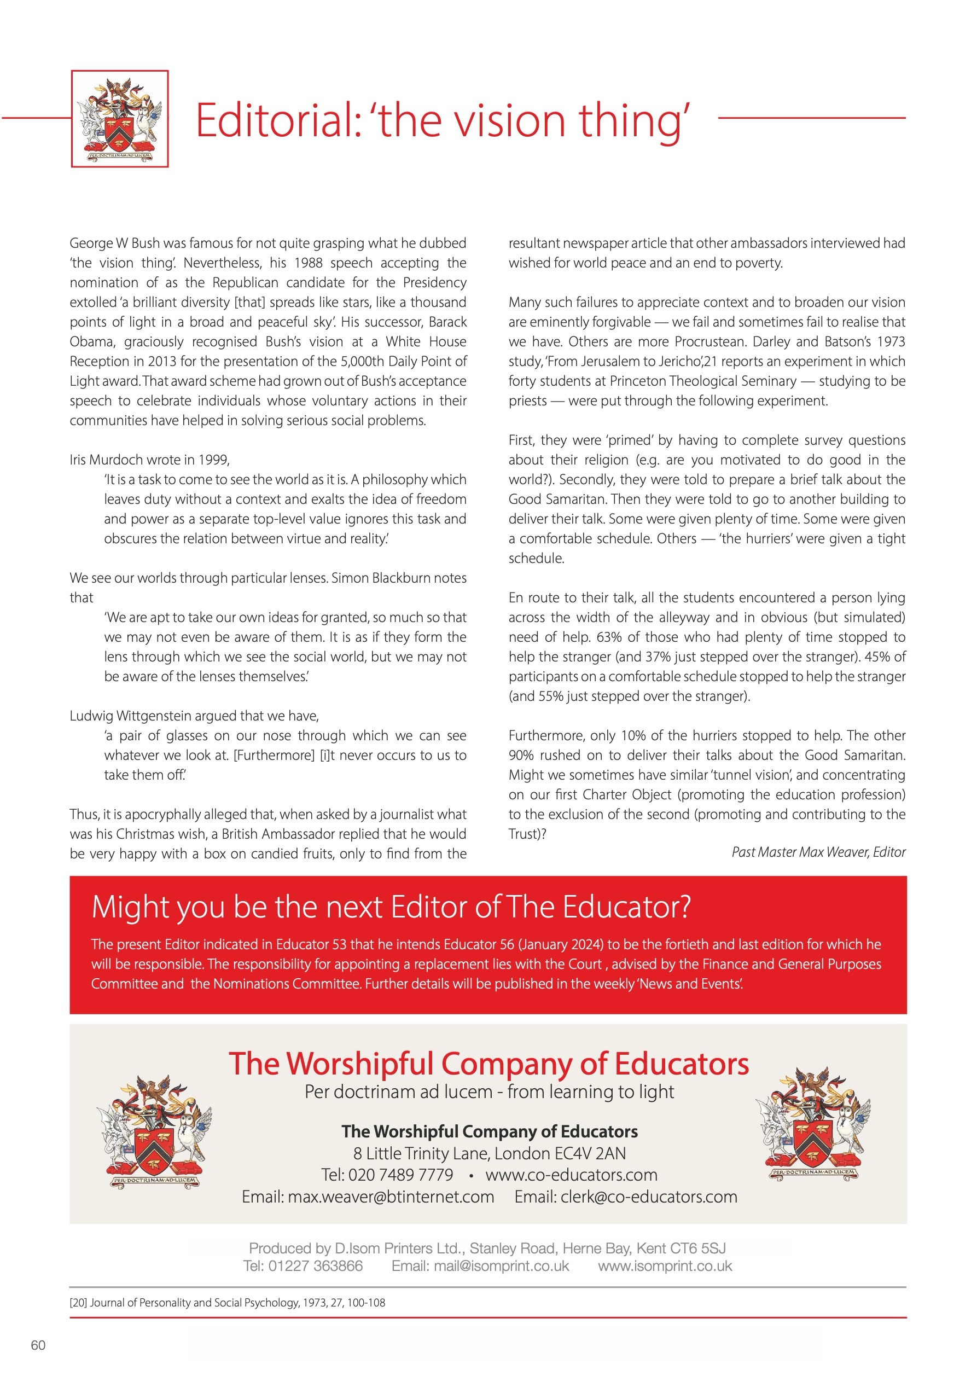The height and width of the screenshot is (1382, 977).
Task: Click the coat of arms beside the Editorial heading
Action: (x=120, y=119)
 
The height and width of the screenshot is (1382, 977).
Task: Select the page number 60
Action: (x=38, y=1345)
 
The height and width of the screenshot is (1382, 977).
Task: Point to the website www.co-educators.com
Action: (x=571, y=1175)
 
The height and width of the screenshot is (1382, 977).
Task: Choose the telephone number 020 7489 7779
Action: (x=400, y=1175)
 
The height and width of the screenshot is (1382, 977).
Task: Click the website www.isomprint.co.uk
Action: (x=665, y=1266)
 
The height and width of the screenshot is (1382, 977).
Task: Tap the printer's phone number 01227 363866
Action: (x=316, y=1266)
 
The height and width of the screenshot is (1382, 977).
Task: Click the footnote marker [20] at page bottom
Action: (x=78, y=1303)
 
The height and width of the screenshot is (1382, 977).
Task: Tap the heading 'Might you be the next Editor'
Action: (x=391, y=907)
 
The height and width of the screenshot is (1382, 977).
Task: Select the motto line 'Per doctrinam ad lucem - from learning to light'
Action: (x=489, y=1092)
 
